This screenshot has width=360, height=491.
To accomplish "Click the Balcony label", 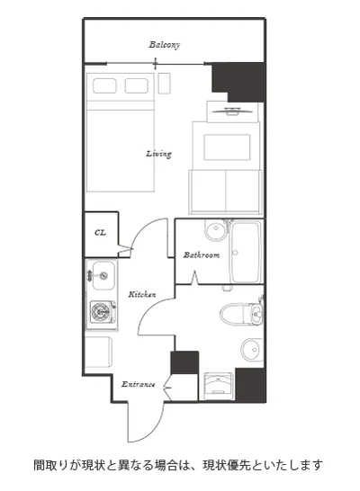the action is pos(164,45).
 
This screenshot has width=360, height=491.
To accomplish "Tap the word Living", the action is pos(159,154).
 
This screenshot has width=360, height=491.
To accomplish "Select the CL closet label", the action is pos(100,233).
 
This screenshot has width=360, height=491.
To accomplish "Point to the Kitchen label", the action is pos(142,294).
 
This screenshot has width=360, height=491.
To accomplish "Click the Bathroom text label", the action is pos(202,254).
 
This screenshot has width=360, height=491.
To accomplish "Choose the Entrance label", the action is pos(139,384).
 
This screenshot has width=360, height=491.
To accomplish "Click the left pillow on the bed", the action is pos(104,85).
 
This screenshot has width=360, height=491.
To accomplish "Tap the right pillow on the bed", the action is pos(137,85).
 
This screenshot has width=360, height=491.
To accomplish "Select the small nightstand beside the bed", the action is pos(164,84).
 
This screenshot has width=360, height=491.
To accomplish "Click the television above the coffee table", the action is pos(232,112).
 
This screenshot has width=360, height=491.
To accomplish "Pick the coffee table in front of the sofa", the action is pos(227,147).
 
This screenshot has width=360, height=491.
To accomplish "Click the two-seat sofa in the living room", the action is pos(225,192).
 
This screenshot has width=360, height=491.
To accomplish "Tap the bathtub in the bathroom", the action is pos(247,252).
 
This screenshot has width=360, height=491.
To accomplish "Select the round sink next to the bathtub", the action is pos(216,230).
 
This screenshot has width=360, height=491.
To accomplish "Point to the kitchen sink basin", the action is pos(103,276).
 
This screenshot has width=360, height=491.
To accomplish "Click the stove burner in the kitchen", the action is pos(101,312).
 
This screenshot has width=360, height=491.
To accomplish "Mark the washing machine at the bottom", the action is pos(218,386).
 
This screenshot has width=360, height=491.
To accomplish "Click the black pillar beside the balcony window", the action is pos(238,82).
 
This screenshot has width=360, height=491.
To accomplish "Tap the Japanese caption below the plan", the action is pos(178,465).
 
